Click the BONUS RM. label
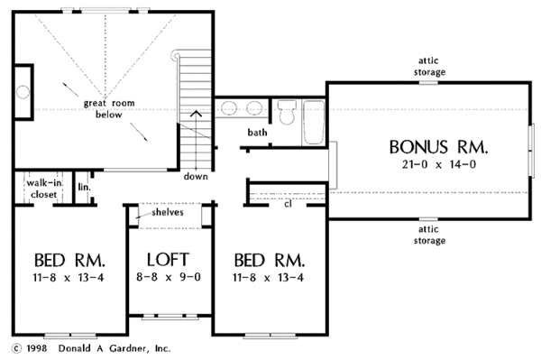438,147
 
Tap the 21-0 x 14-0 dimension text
439,164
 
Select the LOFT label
168,260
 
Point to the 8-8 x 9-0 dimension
169,277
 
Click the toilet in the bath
287,112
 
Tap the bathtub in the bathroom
313,122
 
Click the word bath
257,133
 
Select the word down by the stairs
196,176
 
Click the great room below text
109,108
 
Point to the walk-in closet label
44,189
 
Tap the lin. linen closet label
84,187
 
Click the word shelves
168,212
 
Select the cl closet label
289,204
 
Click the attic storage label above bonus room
429,66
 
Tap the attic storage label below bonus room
429,235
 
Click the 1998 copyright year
37,348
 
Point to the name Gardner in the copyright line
129,348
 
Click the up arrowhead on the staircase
196,113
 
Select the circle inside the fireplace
23,92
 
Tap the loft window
170,316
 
